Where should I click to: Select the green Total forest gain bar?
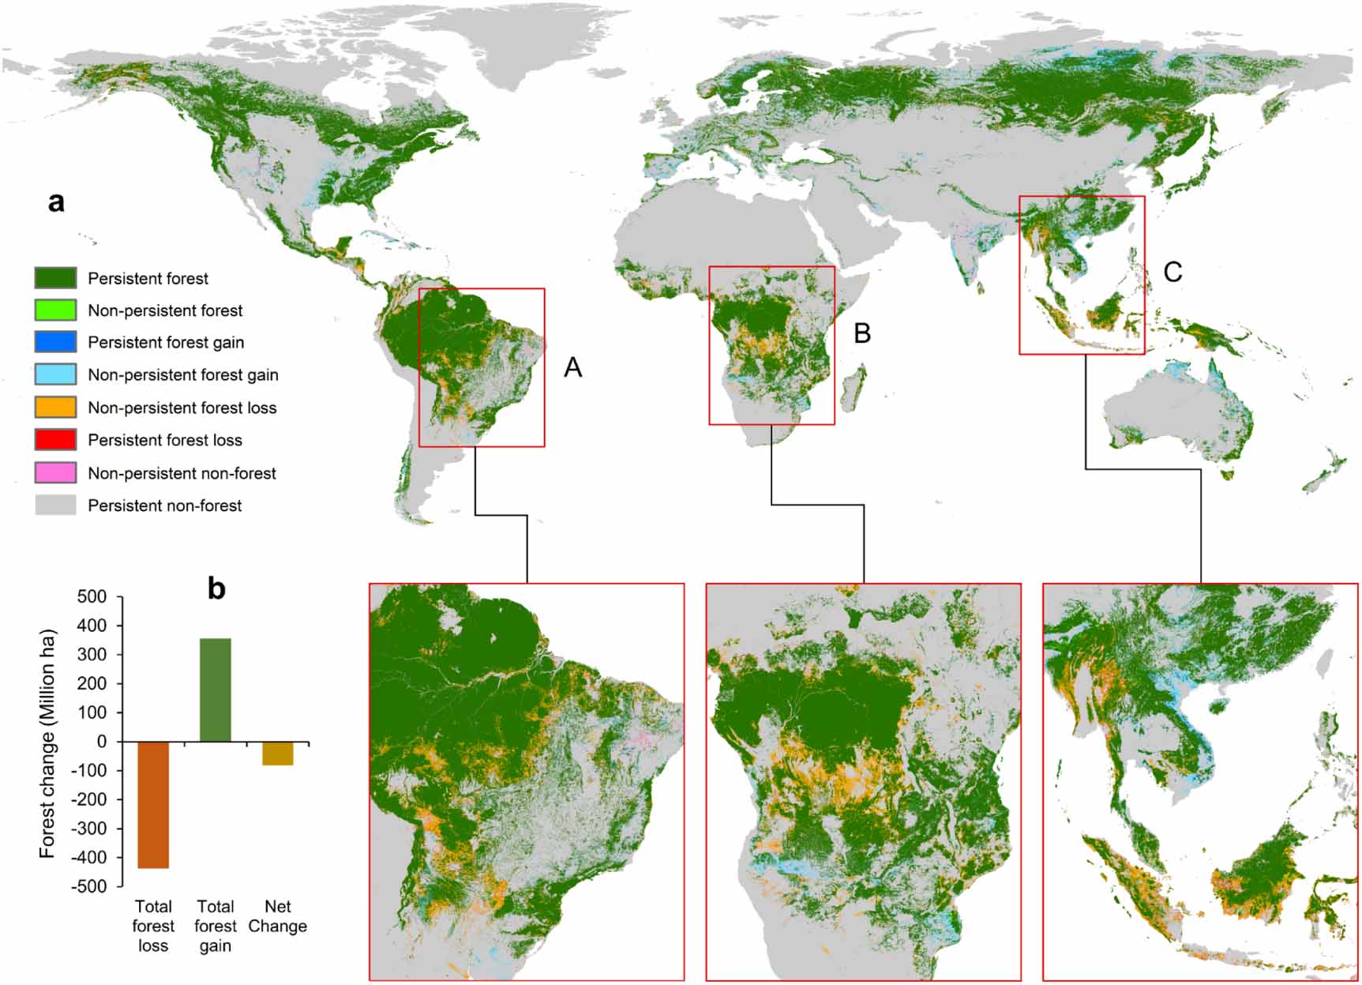pyautogui.click(x=216, y=690)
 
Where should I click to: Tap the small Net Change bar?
pyautogui.click(x=278, y=754)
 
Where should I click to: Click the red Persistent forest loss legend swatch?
pyautogui.click(x=55, y=440)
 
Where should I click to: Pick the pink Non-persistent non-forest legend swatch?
pyautogui.click(x=55, y=473)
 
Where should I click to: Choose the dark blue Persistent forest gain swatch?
pyautogui.click(x=55, y=342)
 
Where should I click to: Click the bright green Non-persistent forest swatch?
pyautogui.click(x=55, y=310)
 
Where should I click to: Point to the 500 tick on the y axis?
pyautogui.click(x=92, y=596)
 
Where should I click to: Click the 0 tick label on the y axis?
pyautogui.click(x=101, y=742)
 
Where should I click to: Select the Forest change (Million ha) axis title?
pyautogui.click(x=47, y=743)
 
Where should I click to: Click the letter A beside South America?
pyautogui.click(x=572, y=367)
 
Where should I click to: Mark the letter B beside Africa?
pyautogui.click(x=862, y=333)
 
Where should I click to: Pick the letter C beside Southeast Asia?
pyautogui.click(x=1173, y=272)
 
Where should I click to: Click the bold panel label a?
pyautogui.click(x=56, y=202)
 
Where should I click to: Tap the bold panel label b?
pyautogui.click(x=216, y=588)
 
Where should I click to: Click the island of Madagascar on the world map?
pyautogui.click(x=852, y=389)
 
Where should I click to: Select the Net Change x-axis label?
pyautogui.click(x=278, y=916)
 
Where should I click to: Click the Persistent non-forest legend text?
pyautogui.click(x=164, y=506)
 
